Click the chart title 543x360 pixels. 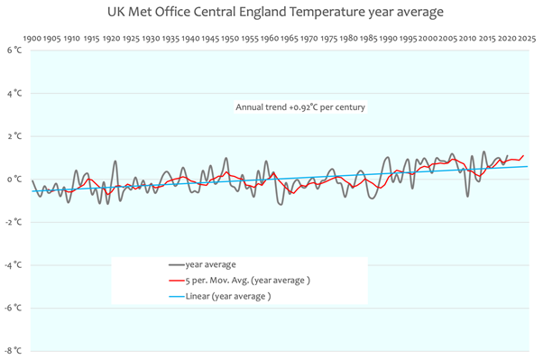point(275,12)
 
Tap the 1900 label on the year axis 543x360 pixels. point(32,39)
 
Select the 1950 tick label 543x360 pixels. point(230,39)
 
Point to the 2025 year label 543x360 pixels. point(527,39)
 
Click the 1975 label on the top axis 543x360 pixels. point(329,39)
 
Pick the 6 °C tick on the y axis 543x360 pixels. point(14,51)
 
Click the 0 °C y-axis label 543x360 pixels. point(14,180)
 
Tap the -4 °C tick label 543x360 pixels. point(13,265)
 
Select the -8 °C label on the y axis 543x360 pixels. point(13,351)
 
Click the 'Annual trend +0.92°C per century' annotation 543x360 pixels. point(300,107)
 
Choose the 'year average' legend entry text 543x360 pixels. point(210,264)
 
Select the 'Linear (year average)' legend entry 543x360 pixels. point(228,296)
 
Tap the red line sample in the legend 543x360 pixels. point(177,281)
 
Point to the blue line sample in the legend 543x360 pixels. point(177,296)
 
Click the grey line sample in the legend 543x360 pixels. point(177,265)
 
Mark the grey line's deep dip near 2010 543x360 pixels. point(468,197)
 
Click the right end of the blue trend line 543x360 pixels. point(527,166)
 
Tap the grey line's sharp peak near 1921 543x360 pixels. point(115,162)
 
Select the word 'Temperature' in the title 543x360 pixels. point(327,13)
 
